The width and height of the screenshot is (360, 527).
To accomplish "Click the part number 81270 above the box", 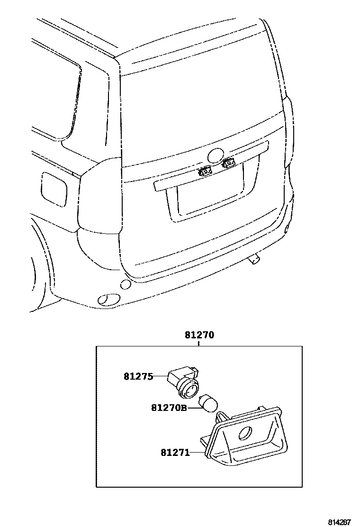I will tap(199, 335).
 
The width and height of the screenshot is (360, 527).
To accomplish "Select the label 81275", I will tap(138, 377).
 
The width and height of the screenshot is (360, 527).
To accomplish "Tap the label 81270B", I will tap(169, 408).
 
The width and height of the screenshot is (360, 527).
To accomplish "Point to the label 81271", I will tap(174, 453).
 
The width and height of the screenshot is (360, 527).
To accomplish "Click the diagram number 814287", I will tap(340, 522).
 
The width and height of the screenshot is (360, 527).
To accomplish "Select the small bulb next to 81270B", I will tap(208, 403).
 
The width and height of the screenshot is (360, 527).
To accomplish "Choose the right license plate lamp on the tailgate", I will tap(228, 164).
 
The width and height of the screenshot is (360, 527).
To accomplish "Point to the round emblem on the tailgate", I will tap(216, 155).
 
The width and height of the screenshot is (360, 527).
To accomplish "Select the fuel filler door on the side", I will tap(54, 189).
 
